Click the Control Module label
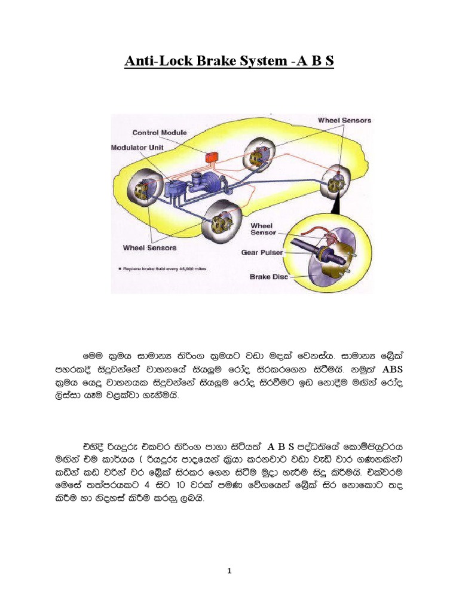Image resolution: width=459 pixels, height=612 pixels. pyautogui.click(x=160, y=133)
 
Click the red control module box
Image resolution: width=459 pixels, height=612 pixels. pyautogui.click(x=212, y=157)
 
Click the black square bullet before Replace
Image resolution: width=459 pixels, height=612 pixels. pyautogui.click(x=122, y=270)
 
